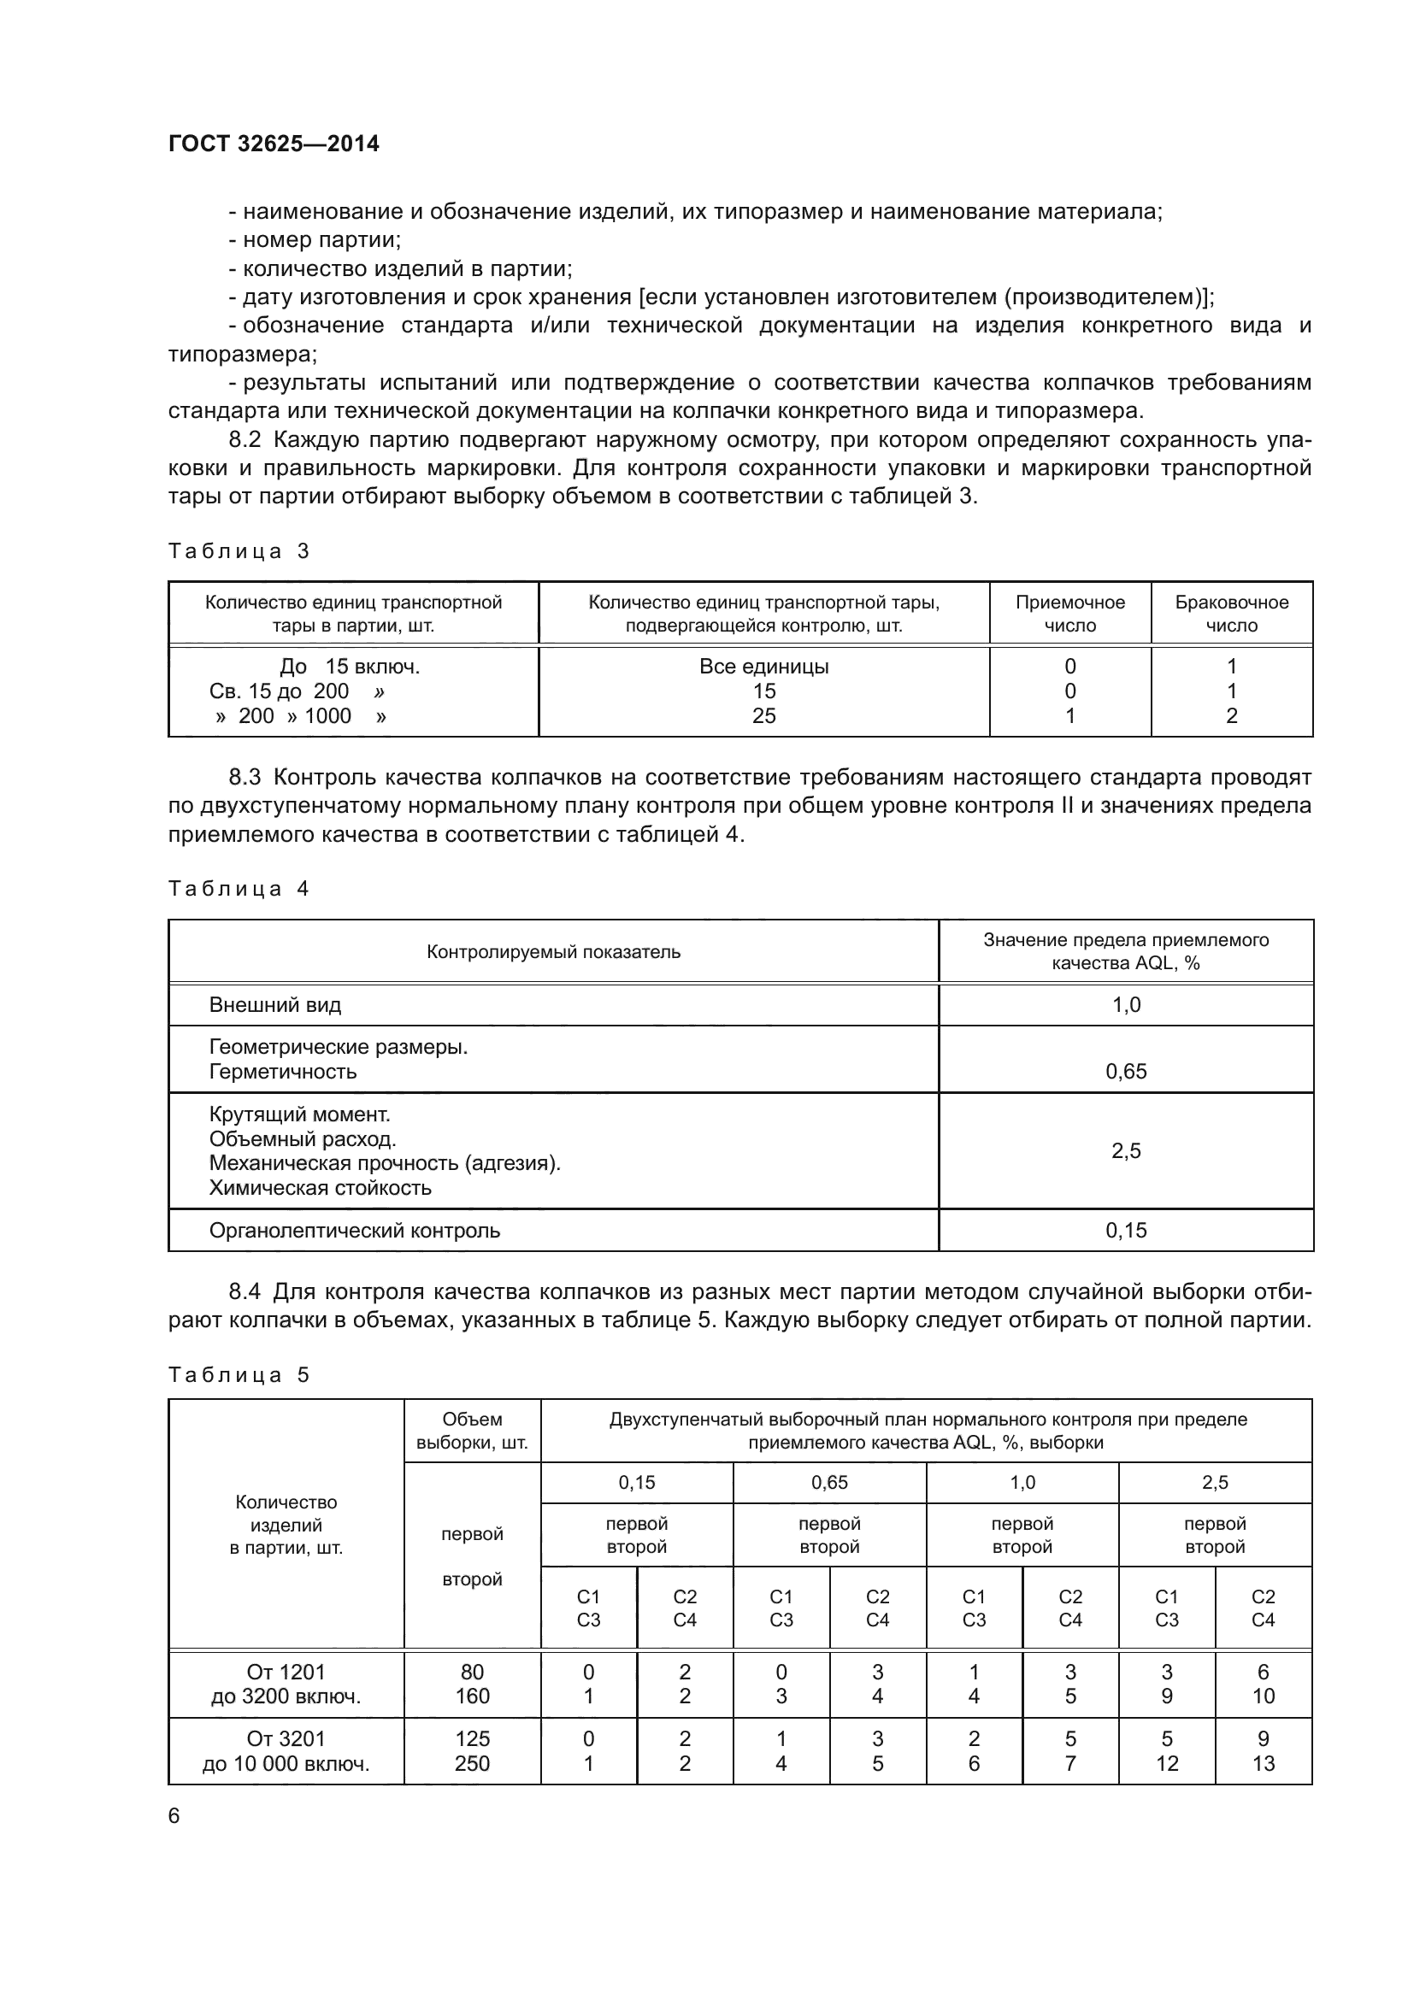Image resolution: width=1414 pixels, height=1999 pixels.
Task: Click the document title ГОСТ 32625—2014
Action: click(x=274, y=144)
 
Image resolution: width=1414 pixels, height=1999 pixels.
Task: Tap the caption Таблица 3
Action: click(x=239, y=551)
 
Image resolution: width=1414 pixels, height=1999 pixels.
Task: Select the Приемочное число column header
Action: click(x=1069, y=614)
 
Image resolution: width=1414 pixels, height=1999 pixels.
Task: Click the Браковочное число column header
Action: click(x=1231, y=614)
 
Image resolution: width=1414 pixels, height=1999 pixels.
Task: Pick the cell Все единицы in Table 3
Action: click(x=763, y=667)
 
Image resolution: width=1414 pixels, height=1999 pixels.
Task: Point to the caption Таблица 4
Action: click(x=239, y=889)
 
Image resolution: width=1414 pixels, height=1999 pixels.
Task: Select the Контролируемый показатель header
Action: click(x=553, y=951)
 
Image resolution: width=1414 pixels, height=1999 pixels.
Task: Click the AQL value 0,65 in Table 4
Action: click(x=1126, y=1072)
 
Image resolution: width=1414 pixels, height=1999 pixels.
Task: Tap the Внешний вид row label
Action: click(x=275, y=1006)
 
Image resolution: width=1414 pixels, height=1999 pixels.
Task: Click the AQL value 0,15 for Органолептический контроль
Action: click(x=1126, y=1231)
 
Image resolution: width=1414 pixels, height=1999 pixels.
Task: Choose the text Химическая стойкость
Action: click(x=320, y=1189)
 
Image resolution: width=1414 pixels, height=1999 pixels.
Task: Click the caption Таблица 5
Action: click(x=239, y=1376)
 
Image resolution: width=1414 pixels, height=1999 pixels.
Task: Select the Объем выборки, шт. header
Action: click(x=472, y=1432)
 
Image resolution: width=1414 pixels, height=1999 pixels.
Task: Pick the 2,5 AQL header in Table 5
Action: click(x=1215, y=1483)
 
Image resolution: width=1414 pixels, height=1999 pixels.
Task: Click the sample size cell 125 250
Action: click(x=472, y=1752)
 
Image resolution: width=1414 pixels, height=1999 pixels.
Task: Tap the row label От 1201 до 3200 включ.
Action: click(x=286, y=1684)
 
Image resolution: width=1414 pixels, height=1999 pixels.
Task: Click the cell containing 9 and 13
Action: click(x=1263, y=1752)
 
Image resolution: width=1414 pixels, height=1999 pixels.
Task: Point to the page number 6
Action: click(x=174, y=1816)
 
